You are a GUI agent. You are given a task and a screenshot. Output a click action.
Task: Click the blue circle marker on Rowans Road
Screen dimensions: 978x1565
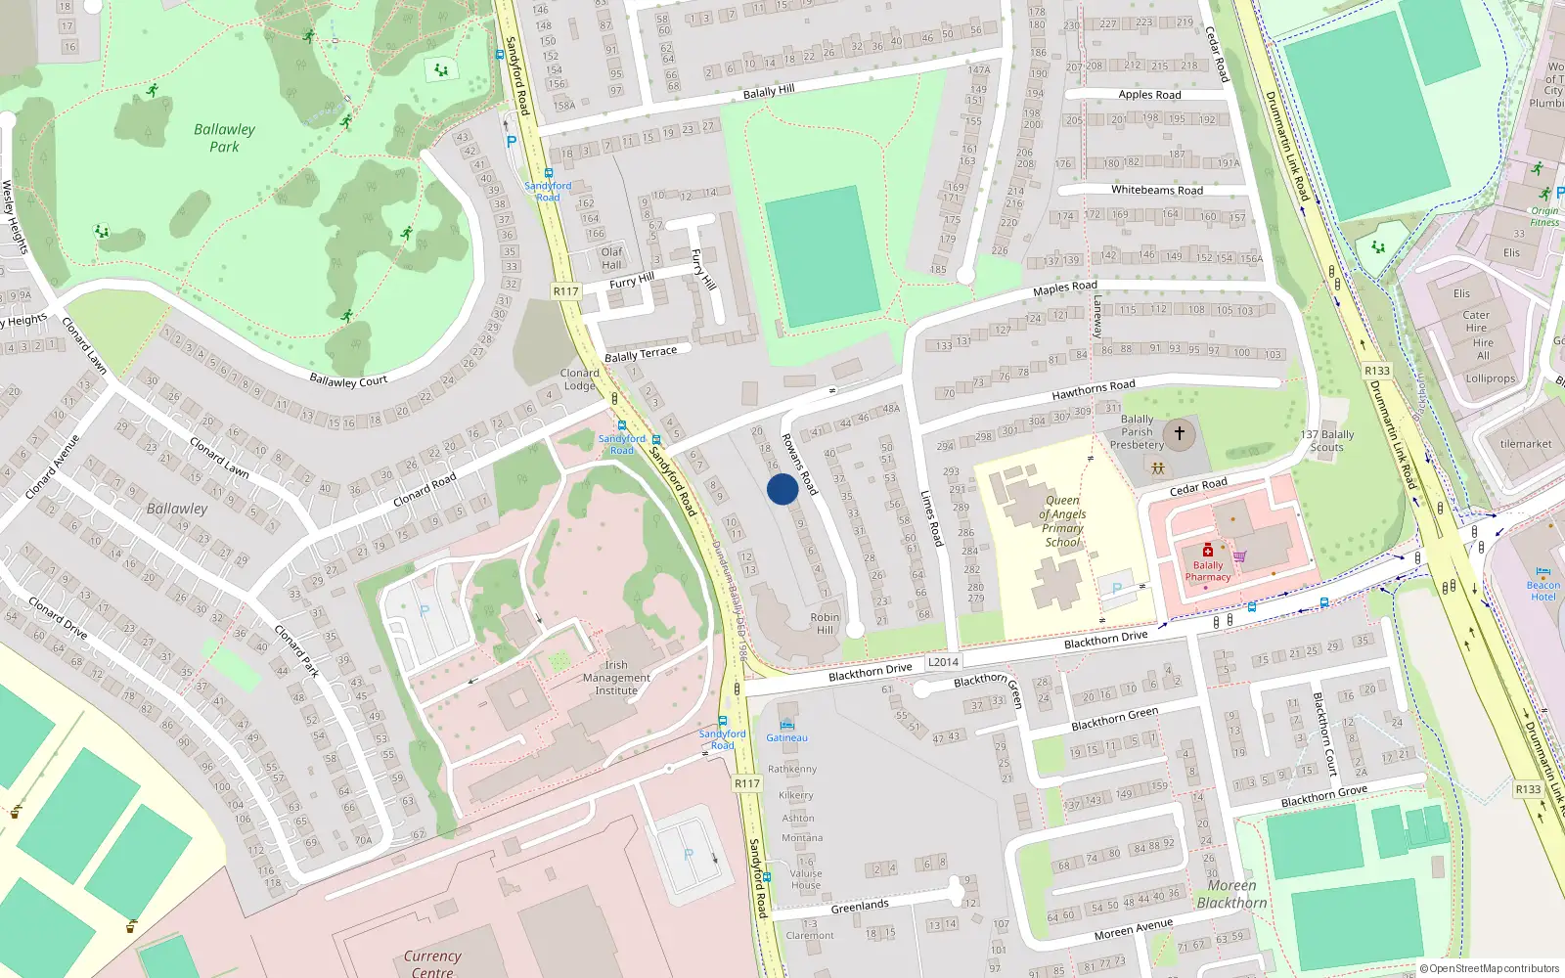(782, 489)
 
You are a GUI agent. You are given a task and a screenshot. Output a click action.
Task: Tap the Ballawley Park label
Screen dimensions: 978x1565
(224, 138)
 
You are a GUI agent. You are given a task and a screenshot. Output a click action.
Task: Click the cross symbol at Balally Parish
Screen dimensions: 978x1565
(1180, 432)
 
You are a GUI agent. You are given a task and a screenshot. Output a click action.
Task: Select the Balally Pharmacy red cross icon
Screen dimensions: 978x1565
(1208, 550)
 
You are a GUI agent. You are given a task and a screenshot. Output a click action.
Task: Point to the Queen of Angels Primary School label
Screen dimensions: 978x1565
(1062, 521)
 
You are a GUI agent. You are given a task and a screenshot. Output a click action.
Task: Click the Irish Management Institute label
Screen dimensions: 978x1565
(616, 678)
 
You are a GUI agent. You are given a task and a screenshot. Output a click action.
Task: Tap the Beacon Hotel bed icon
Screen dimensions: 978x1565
(1543, 572)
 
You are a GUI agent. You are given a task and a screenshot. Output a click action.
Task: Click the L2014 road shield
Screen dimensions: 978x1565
(943, 662)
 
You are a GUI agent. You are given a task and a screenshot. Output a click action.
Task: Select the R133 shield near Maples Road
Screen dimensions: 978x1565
(1377, 371)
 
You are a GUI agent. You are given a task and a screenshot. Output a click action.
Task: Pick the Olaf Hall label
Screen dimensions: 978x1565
(611, 258)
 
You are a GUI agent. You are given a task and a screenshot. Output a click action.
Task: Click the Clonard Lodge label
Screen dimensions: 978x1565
(579, 379)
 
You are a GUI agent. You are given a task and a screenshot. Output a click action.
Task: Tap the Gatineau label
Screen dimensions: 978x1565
(786, 738)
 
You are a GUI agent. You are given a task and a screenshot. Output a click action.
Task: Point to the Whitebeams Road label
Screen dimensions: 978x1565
(1157, 190)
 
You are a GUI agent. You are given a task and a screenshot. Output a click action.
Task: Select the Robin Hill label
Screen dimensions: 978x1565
(825, 623)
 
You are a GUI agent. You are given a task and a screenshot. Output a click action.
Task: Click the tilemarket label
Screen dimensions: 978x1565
(1526, 444)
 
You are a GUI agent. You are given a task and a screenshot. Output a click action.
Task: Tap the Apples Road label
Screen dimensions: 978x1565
(1149, 95)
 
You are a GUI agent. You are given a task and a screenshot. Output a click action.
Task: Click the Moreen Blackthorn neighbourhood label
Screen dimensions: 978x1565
(1231, 894)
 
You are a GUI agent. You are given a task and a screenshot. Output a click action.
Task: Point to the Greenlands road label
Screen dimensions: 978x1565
(860, 907)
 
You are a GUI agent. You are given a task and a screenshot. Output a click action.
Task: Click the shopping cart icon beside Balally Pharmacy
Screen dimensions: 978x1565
(1239, 556)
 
